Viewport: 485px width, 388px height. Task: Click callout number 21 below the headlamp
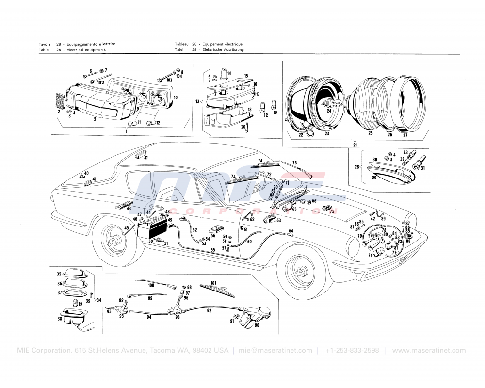point(355,145)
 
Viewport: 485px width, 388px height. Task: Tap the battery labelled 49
point(151,227)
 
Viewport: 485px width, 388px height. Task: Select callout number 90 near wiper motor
point(257,325)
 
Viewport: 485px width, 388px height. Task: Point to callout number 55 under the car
point(212,250)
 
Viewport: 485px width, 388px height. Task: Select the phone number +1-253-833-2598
point(352,351)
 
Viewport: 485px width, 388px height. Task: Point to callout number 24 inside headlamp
point(329,111)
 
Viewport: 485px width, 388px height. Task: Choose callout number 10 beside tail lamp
point(175,97)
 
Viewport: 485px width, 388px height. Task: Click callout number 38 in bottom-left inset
point(59,319)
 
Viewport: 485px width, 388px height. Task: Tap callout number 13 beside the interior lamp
point(197,102)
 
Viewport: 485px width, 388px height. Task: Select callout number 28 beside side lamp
point(357,167)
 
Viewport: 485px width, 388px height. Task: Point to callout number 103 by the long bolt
point(169,80)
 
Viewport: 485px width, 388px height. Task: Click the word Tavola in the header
point(45,44)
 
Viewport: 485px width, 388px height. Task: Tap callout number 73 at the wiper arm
point(294,162)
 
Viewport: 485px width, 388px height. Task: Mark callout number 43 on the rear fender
point(129,209)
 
